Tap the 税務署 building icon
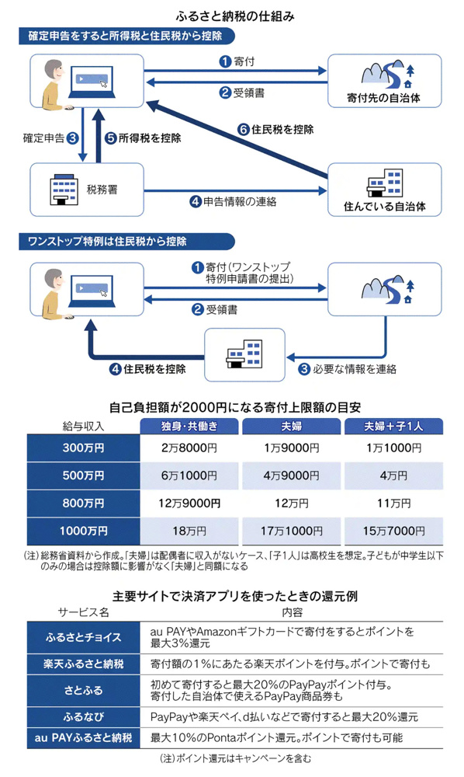[x=64, y=189]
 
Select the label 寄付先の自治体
[x=384, y=98]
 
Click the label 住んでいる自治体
[x=384, y=206]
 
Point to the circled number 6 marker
[x=243, y=129]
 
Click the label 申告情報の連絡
[x=240, y=201]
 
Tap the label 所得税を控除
[x=150, y=138]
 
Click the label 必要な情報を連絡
[x=354, y=368]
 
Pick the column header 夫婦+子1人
[x=393, y=426]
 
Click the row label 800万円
[x=83, y=503]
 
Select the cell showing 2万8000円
[x=189, y=448]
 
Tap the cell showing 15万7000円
[x=393, y=531]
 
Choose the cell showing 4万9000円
[x=292, y=476]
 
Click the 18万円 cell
[x=189, y=531]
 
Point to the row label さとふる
[x=83, y=690]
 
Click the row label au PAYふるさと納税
[x=83, y=737]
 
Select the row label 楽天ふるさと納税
[x=83, y=664]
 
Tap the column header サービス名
[x=83, y=612]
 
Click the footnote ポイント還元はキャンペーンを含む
[x=235, y=758]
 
